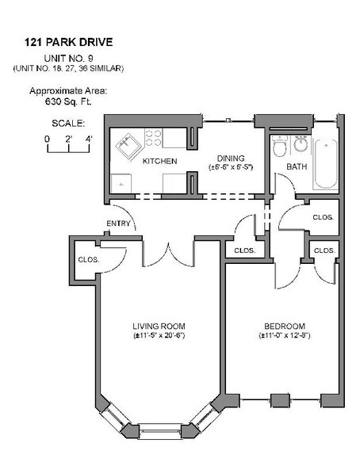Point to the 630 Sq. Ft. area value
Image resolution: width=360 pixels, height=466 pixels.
67,101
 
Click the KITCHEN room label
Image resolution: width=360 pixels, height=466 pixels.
159,162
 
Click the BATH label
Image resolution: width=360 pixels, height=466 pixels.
296,167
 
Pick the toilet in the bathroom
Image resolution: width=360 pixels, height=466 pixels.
277,147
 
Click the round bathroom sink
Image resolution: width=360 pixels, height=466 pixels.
300,145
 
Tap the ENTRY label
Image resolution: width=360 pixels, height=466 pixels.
118,223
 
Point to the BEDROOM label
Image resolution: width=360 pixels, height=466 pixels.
284,326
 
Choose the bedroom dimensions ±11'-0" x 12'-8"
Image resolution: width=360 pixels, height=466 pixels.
284,336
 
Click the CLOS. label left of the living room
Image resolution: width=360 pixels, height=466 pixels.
86,258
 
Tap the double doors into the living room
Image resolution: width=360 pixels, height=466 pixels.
168,252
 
